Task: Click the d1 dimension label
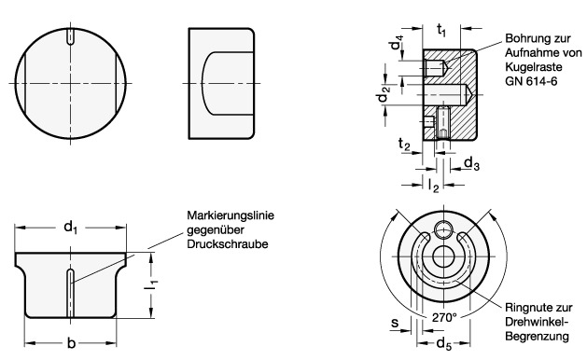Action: click(70, 228)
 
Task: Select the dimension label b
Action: click(71, 343)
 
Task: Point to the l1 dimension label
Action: click(151, 285)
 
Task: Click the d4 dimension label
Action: click(396, 42)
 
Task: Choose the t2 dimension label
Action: click(404, 144)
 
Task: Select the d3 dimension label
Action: click(471, 163)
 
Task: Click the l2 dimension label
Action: click(434, 186)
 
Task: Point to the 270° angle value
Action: click(444, 317)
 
